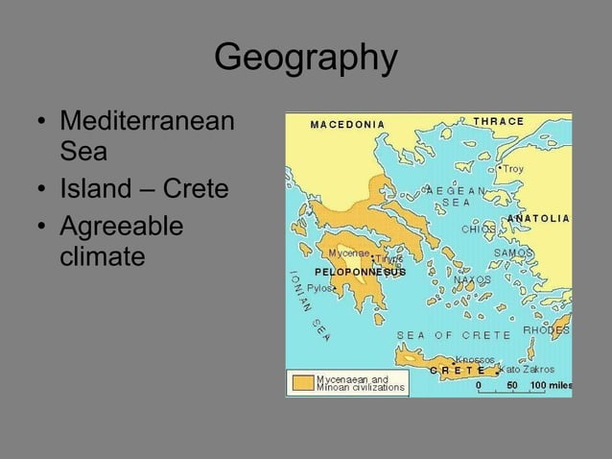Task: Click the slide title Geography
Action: (x=305, y=59)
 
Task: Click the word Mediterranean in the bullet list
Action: (x=147, y=124)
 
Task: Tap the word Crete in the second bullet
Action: (x=196, y=188)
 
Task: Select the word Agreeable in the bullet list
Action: (x=121, y=228)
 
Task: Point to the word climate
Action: (x=103, y=257)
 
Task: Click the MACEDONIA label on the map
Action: (x=347, y=124)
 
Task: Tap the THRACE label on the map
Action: (x=499, y=122)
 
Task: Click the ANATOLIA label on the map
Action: (x=538, y=219)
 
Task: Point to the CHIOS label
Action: (x=478, y=229)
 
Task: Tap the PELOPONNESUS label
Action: (x=360, y=272)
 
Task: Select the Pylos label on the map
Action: (x=319, y=287)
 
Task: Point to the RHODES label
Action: (x=546, y=330)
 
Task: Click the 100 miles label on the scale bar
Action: (x=551, y=385)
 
